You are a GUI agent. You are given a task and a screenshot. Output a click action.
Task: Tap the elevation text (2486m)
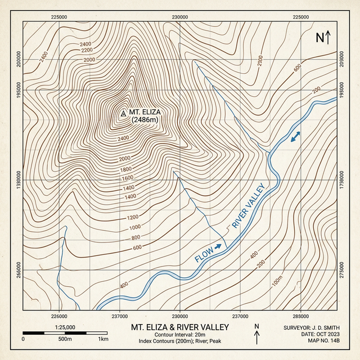tap(143, 119)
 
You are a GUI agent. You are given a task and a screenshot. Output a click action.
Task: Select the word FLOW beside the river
tap(204, 253)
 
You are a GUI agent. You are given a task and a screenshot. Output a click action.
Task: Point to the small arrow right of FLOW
tap(218, 246)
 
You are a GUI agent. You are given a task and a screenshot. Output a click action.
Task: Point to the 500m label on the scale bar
tap(64, 340)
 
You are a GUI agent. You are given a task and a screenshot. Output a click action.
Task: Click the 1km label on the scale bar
tap(103, 340)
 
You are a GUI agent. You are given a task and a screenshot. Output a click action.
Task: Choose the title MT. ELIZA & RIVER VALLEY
tap(180, 327)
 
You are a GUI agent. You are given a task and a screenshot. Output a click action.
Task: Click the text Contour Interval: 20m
tap(180, 335)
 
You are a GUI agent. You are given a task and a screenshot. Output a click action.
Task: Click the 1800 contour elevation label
tap(126, 169)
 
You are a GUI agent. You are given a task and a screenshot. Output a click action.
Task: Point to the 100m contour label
tap(277, 281)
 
